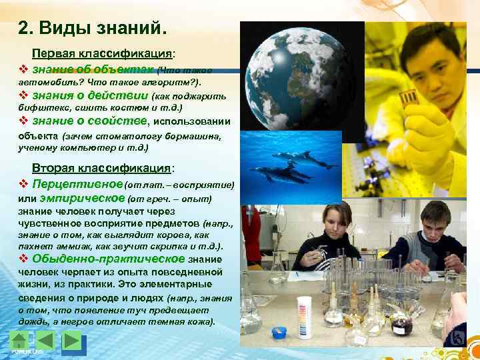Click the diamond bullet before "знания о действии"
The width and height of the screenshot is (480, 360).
point(23,95)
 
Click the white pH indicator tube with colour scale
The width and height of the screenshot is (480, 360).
point(305,311)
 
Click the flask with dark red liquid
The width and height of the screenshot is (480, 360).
point(401,325)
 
